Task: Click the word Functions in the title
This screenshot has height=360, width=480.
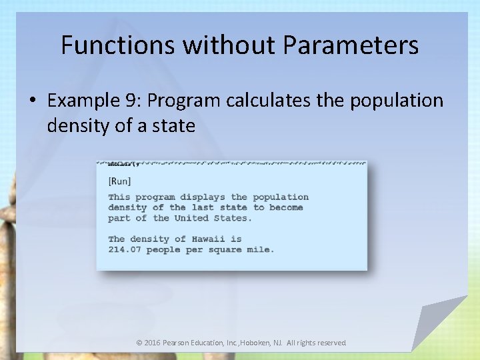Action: point(119,45)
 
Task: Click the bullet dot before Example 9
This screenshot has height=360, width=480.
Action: point(33,101)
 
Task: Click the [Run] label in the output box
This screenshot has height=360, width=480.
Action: point(119,181)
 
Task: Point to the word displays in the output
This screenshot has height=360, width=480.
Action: point(203,197)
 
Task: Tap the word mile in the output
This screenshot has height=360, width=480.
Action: point(261,249)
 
